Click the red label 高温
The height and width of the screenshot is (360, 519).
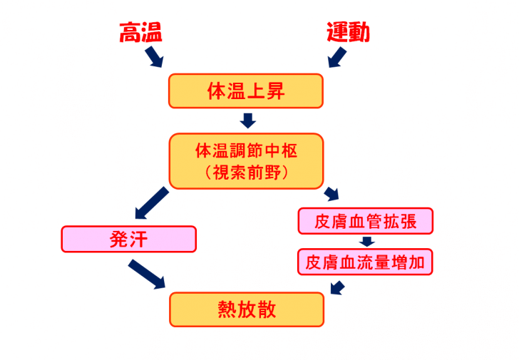point(141,32)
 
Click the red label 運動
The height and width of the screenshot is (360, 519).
point(348,32)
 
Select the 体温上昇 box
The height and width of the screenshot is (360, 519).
point(246,91)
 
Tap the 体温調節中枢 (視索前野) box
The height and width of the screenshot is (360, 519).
point(246,161)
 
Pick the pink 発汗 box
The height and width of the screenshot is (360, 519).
point(129,238)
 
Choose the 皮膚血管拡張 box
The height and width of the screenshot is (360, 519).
point(365,221)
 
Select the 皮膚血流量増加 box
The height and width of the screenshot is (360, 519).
point(365,262)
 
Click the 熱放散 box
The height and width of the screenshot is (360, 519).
point(246,309)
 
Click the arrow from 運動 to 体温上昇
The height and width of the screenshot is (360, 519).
point(337,57)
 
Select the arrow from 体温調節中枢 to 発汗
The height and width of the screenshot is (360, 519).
point(150,202)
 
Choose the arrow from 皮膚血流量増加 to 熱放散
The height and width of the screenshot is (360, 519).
point(338,287)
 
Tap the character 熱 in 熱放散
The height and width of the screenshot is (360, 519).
point(227,309)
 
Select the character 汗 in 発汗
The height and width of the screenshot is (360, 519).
point(138,238)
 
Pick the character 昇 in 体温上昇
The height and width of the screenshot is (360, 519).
point(275,91)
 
